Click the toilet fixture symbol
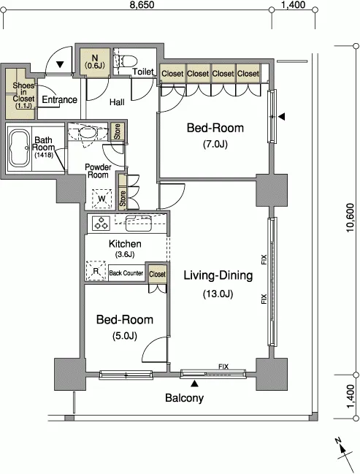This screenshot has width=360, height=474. (x=126, y=61)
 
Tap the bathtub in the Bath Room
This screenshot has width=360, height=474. (x=20, y=149)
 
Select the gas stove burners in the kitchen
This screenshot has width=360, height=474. (x=102, y=223)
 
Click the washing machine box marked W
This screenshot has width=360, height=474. (x=102, y=199)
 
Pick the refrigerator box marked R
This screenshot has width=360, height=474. (x=96, y=270)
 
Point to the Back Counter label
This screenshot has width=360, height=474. (x=126, y=273)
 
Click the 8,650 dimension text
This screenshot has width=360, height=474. (x=142, y=5)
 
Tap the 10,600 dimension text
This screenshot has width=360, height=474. (x=350, y=218)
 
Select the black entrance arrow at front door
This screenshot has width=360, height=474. (x=60, y=64)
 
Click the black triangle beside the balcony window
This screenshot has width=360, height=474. (x=195, y=383)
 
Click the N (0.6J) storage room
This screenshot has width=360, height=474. (x=95, y=62)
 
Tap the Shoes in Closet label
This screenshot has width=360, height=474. (x=23, y=95)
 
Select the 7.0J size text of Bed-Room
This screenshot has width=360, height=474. (x=215, y=144)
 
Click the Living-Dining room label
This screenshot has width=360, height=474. (x=218, y=275)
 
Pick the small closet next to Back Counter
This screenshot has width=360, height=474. (x=157, y=274)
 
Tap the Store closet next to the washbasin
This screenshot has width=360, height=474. (x=118, y=131)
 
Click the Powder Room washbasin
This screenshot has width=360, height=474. (x=88, y=131)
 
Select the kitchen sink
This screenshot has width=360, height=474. (x=139, y=223)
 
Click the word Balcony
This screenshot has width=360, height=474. (x=185, y=398)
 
